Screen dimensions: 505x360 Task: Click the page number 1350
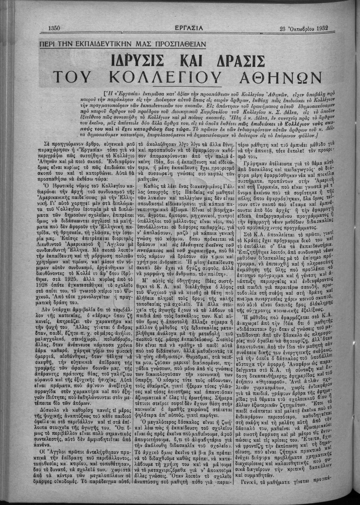(x=56, y=28)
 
